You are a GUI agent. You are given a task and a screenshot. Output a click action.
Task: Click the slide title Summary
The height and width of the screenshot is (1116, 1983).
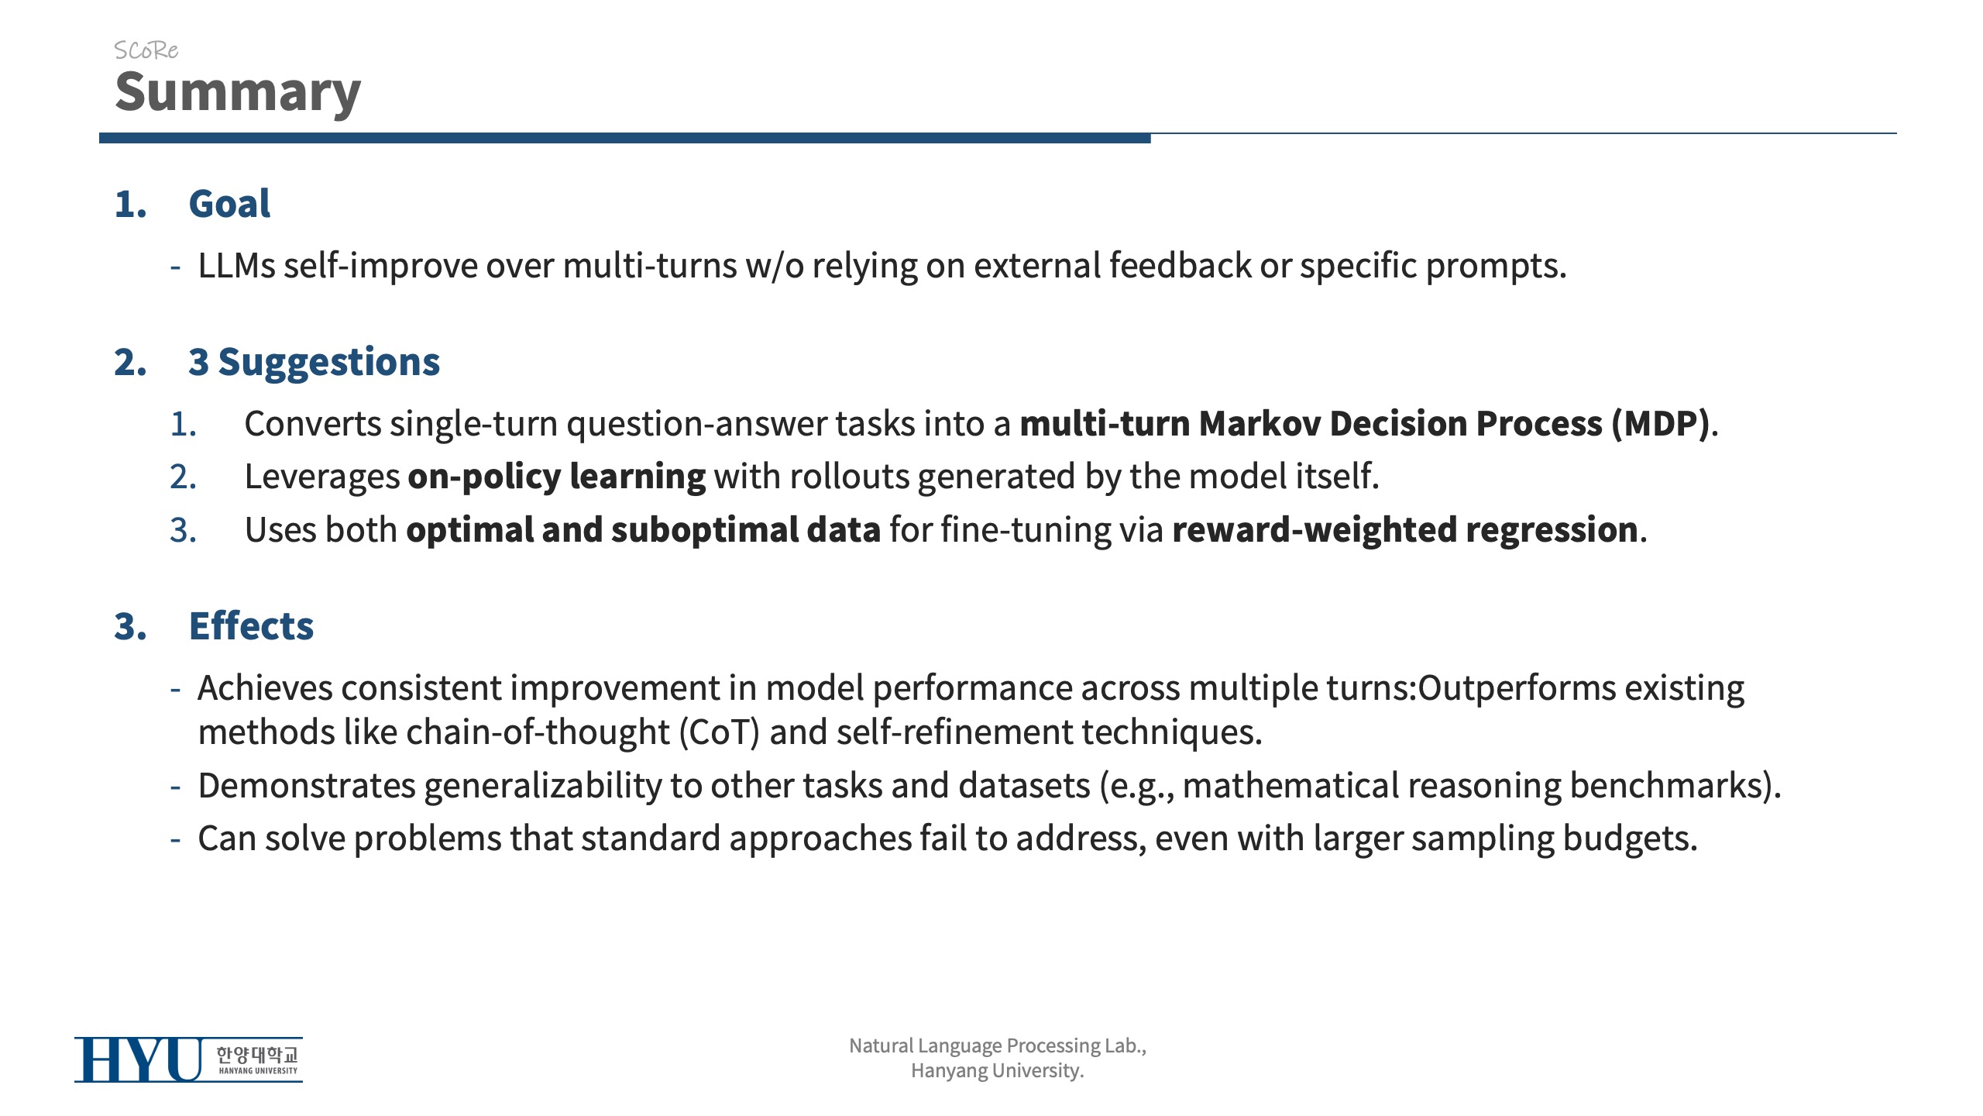click(238, 92)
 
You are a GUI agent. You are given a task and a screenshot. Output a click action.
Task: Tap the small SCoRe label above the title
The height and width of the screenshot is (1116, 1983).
click(146, 50)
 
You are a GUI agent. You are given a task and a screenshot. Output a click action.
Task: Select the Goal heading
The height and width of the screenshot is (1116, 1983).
click(229, 204)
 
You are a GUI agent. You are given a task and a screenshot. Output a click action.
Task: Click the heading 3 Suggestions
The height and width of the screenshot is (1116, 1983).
click(314, 362)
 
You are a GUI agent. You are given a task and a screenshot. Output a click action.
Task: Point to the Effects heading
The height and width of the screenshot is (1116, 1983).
click(251, 625)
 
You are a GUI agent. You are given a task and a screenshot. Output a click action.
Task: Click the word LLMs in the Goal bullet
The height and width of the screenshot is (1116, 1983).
click(236, 266)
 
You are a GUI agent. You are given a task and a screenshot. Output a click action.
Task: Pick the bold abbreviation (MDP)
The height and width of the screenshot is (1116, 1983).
click(1660, 424)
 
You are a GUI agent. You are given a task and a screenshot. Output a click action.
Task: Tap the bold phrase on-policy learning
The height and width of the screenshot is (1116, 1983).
click(556, 477)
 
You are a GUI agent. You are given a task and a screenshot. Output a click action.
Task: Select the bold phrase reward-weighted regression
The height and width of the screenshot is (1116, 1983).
click(1405, 530)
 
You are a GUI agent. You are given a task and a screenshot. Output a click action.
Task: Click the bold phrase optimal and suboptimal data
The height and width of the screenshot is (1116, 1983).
click(643, 530)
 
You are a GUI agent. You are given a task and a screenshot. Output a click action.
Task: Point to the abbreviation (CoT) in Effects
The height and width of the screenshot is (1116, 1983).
click(719, 732)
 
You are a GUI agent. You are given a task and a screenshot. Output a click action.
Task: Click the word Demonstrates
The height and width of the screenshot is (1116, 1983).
click(307, 785)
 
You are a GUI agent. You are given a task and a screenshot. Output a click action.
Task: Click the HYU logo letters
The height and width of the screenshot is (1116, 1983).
click(139, 1059)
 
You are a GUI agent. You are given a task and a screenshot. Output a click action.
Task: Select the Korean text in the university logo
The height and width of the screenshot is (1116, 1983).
click(256, 1054)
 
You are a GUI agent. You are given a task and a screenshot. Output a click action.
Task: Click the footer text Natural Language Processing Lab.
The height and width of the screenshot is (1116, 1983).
click(998, 1045)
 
